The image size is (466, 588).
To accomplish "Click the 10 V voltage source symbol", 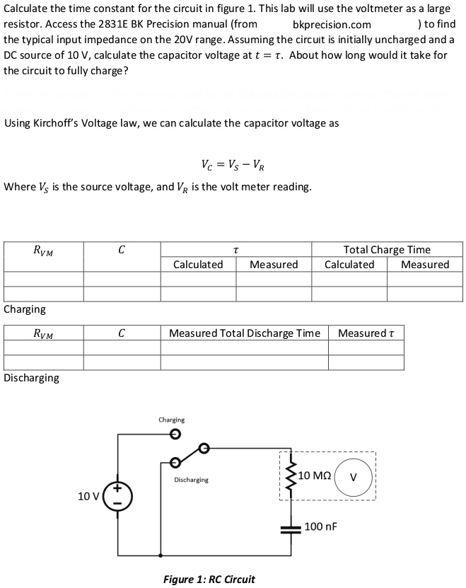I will click(x=117, y=494).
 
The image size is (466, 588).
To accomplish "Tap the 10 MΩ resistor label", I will click(x=313, y=475).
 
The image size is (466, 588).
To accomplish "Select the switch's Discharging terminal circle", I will click(x=175, y=463).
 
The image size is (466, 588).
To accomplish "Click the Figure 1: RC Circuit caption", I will click(x=209, y=579).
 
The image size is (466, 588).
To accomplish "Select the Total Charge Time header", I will click(x=386, y=249).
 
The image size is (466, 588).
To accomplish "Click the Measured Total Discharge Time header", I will click(x=244, y=333).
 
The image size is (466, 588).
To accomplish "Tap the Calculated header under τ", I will click(x=198, y=265).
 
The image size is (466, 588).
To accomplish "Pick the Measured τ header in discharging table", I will click(x=366, y=333).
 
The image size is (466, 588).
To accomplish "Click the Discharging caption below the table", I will click(x=32, y=378).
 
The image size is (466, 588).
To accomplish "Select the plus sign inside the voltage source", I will click(x=117, y=487).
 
